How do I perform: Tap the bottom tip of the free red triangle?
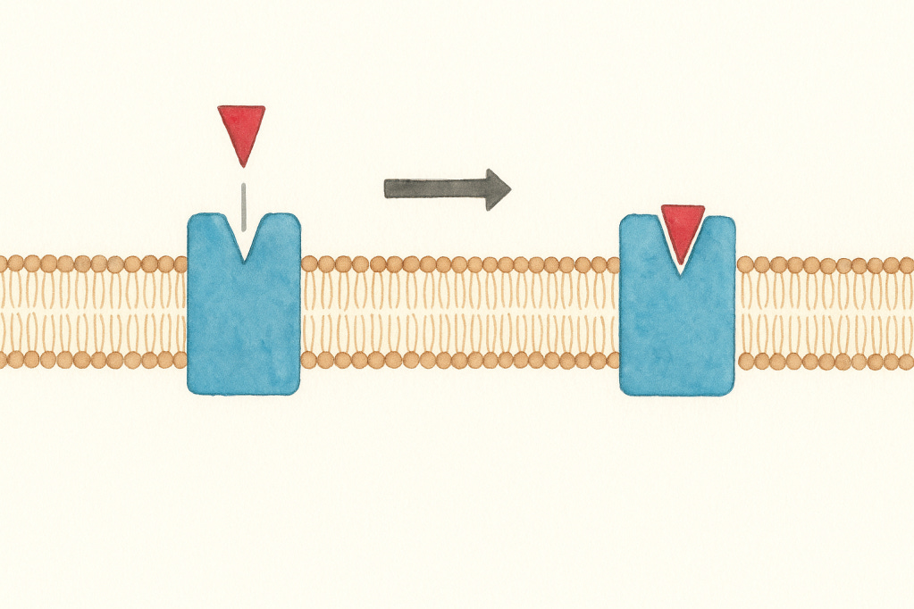click(241, 164)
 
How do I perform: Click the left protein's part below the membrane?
click(243, 380)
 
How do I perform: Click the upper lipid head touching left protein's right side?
click(309, 264)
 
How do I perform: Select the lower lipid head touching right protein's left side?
click(611, 361)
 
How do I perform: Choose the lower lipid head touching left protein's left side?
click(179, 360)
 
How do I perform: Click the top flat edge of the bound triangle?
click(683, 208)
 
